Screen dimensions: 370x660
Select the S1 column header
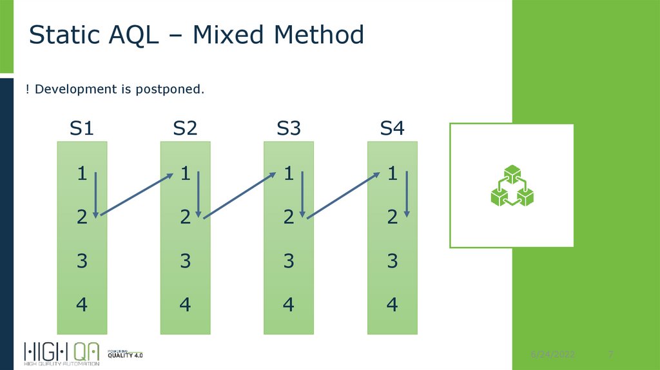click(x=82, y=129)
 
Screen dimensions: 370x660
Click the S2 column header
click(x=185, y=129)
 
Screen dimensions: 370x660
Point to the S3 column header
click(x=289, y=129)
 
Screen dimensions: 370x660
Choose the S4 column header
click(x=392, y=129)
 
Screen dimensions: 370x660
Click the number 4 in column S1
click(x=82, y=304)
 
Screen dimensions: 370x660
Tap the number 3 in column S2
click(x=185, y=261)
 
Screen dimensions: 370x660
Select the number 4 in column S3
click(x=289, y=304)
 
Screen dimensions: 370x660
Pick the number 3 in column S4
click(x=392, y=261)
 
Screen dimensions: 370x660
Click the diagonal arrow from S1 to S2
click(x=137, y=195)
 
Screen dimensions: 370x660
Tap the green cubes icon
click(x=512, y=186)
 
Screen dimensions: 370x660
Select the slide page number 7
click(x=610, y=355)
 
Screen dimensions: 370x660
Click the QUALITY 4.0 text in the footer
click(x=125, y=355)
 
